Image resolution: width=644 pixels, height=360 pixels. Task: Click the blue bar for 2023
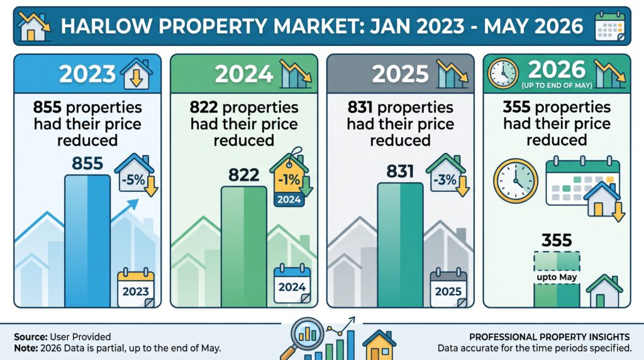(x=87, y=241)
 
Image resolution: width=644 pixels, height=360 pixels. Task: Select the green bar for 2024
(x=244, y=247)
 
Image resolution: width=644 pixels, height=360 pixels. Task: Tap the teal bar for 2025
(x=400, y=245)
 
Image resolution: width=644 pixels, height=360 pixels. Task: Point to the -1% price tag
(x=291, y=177)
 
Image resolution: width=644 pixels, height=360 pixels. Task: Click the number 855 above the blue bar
(x=87, y=164)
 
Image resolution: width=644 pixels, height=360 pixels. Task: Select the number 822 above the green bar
(x=244, y=175)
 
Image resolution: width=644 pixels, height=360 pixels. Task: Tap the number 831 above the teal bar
(x=400, y=171)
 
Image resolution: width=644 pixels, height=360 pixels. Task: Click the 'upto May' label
(x=557, y=278)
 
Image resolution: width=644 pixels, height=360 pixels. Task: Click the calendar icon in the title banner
(x=610, y=26)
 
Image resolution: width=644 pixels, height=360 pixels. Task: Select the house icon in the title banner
(x=34, y=26)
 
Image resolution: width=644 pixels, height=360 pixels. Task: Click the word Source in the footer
(x=31, y=337)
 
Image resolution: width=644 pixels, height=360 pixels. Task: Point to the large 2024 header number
(x=244, y=74)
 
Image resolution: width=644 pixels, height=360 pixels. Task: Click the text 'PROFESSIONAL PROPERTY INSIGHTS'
(x=550, y=337)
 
